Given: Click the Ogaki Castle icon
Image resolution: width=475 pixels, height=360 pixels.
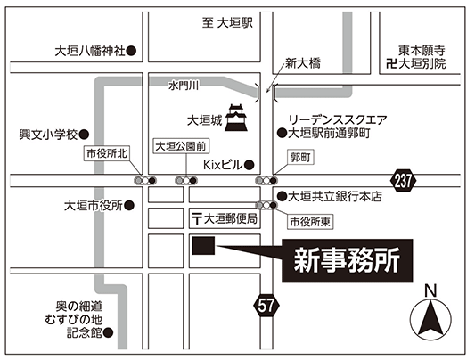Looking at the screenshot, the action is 236,118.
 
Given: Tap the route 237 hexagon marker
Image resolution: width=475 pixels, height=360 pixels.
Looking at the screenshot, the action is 403,181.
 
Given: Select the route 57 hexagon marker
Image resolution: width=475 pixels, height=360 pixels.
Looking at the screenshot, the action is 266,305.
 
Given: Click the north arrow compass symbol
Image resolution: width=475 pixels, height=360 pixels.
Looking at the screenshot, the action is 430,319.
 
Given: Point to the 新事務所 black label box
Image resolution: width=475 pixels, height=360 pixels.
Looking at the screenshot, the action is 348,261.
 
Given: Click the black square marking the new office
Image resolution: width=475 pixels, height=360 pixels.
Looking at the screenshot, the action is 203,246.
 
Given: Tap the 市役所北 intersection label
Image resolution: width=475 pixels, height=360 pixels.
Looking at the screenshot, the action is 107,153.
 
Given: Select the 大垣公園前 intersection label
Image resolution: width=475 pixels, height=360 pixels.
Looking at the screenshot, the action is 181,146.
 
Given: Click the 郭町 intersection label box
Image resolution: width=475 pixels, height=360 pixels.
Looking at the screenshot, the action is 300,157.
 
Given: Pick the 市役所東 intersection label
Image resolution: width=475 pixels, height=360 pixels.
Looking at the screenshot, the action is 310,222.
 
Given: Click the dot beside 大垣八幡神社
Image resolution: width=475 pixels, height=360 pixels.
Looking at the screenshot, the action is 131,51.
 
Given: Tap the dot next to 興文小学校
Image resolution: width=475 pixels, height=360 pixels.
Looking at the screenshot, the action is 84,135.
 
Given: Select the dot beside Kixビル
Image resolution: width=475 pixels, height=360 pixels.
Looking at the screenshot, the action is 249,165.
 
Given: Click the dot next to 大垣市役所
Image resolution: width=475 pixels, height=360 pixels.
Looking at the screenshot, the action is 129,206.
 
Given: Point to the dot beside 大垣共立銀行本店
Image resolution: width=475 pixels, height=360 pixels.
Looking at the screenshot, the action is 282,197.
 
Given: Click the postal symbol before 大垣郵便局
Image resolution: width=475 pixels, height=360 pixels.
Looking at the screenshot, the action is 197,219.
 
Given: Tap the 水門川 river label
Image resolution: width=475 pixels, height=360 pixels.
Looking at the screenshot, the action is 184,86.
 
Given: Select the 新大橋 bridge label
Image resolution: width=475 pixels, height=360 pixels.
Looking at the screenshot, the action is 303,63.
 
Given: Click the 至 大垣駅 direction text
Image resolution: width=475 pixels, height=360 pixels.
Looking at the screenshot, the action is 227,22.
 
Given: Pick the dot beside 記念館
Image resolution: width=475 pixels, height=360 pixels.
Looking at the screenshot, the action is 108,333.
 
